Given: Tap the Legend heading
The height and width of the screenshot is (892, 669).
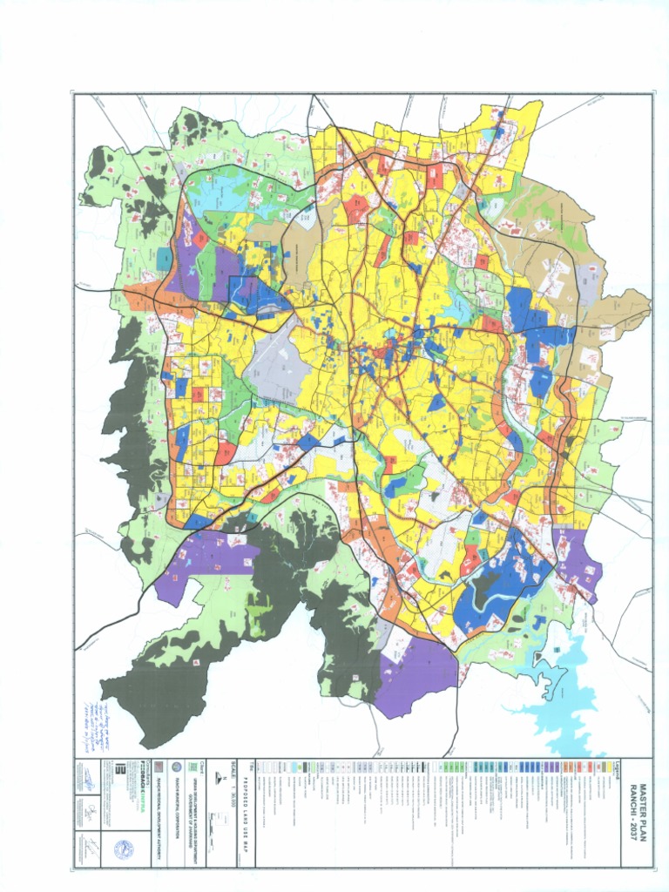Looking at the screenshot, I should coord(617,768).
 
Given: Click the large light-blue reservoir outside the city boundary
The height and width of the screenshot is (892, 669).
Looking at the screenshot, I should coord(566,688).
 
